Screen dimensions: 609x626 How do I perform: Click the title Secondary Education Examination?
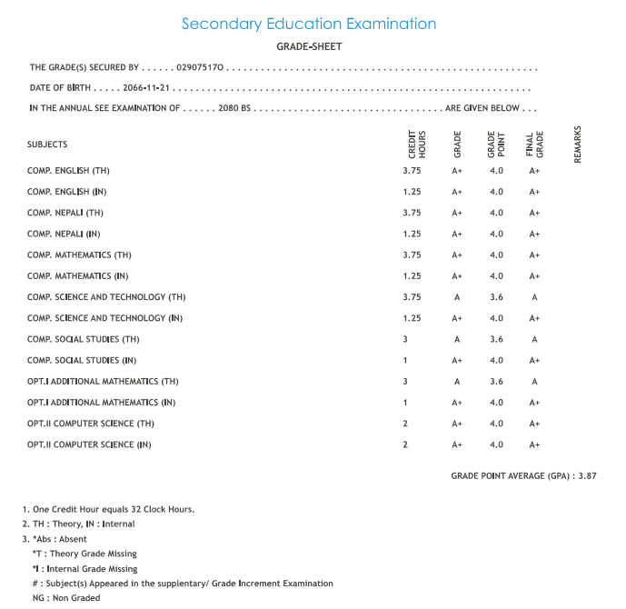(309, 25)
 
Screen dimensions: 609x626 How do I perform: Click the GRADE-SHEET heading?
(309, 46)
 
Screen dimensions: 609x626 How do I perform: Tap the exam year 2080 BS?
(234, 108)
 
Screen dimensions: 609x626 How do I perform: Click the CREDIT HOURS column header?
(417, 145)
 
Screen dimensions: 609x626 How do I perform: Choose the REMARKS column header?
(577, 145)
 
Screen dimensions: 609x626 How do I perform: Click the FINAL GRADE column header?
(534, 145)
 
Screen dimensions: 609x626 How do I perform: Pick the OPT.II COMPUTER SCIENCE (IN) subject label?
(89, 444)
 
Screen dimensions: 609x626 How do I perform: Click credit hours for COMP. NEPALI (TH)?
(412, 213)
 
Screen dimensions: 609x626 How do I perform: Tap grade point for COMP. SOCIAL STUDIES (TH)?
(496, 339)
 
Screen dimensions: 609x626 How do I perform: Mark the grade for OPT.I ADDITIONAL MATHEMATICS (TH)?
(457, 382)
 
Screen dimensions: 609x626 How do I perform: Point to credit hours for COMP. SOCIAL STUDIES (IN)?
(405, 361)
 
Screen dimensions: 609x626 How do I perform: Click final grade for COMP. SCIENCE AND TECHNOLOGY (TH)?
(534, 297)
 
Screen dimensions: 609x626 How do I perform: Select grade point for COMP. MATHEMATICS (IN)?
(496, 276)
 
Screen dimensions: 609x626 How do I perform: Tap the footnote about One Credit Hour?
(108, 509)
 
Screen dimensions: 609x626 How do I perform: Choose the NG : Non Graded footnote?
(66, 598)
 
